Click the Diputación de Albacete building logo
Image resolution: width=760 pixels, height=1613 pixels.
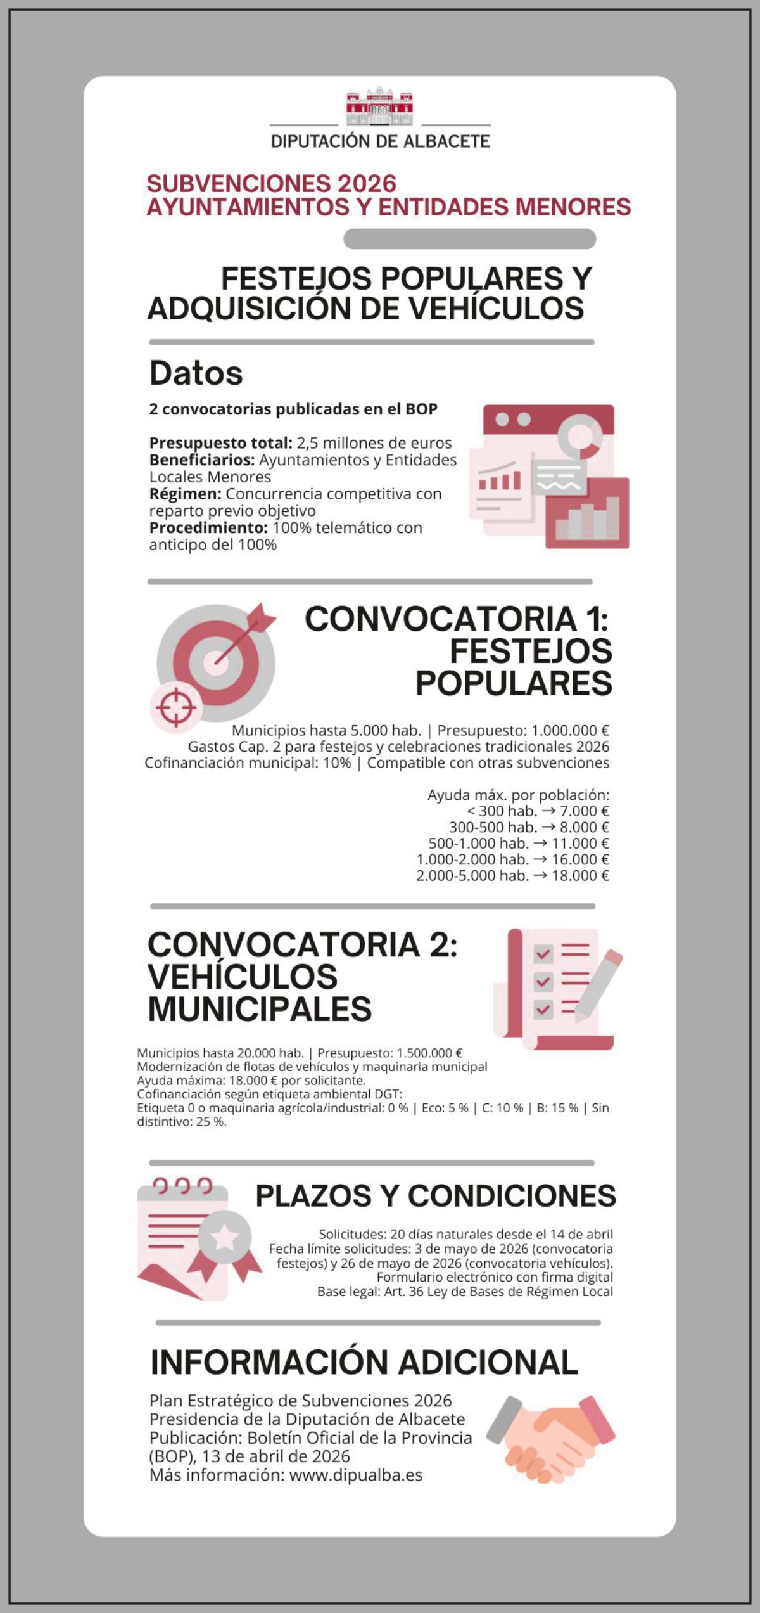(379, 106)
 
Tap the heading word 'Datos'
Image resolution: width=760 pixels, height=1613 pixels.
(196, 373)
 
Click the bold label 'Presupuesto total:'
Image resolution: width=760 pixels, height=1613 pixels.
(220, 443)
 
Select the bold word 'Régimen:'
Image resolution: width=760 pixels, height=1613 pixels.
(185, 494)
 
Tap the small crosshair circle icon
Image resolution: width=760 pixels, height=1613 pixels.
(176, 707)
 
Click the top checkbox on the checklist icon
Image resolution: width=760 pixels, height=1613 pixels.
(543, 953)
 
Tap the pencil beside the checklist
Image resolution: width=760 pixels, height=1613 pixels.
(598, 980)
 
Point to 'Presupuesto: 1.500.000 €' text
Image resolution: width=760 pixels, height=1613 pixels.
(389, 1053)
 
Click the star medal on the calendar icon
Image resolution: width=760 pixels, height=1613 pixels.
(225, 1238)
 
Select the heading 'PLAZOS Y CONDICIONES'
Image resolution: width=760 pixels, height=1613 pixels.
(436, 1196)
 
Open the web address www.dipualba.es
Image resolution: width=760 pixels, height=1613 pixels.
(355, 1475)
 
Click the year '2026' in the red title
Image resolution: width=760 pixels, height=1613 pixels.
(367, 184)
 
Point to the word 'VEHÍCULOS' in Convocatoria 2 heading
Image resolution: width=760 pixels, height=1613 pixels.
(243, 977)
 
